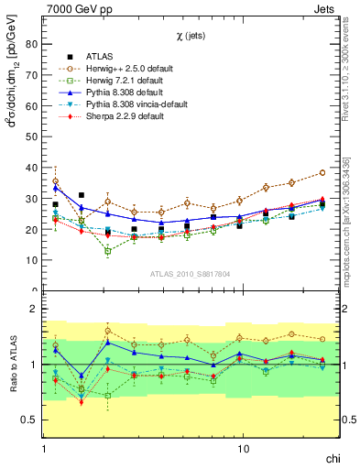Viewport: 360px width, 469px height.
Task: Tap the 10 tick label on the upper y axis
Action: pos(31,260)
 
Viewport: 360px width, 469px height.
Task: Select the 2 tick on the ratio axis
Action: pos(34,309)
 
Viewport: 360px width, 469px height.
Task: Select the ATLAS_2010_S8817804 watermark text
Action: pos(191,273)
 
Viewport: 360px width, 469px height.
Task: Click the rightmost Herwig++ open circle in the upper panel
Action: pos(322,172)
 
